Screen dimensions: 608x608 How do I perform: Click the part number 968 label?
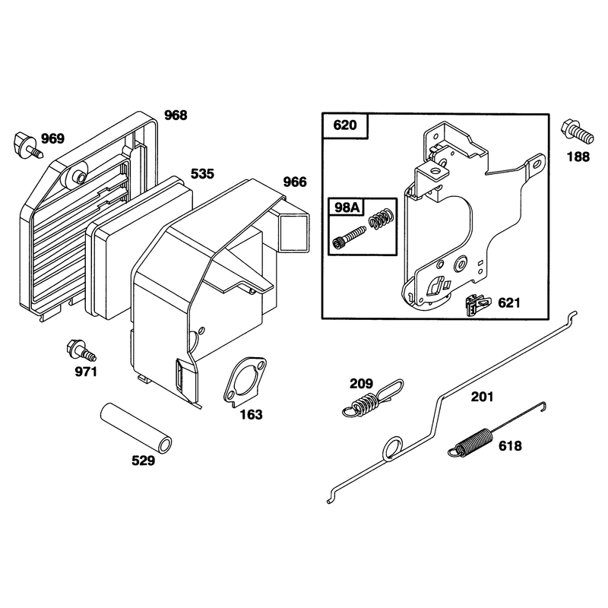point(176,116)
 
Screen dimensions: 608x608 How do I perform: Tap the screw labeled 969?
point(28,145)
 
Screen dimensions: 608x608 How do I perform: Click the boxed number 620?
point(345,125)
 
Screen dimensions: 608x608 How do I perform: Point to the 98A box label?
point(347,207)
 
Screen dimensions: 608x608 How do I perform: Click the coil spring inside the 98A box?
point(382,218)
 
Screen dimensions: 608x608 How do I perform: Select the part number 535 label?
point(202,174)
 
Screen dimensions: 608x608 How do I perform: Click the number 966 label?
point(295,182)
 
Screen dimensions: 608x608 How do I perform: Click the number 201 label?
point(482,397)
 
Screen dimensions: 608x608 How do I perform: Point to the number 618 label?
point(510,446)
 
